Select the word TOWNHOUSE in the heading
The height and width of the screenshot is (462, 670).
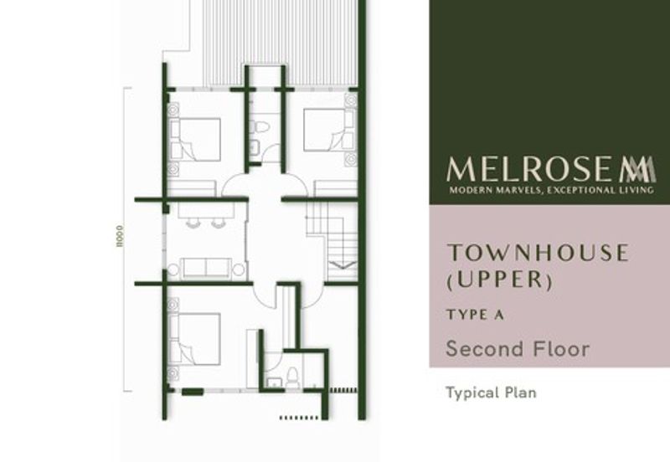coord(536,253)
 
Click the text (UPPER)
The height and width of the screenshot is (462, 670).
coord(499,280)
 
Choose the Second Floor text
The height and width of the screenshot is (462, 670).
coord(518,348)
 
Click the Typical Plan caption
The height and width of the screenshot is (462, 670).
coord(491,392)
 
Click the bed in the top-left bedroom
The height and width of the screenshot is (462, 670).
coord(196,139)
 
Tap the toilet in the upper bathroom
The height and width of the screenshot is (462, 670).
coord(261,127)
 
